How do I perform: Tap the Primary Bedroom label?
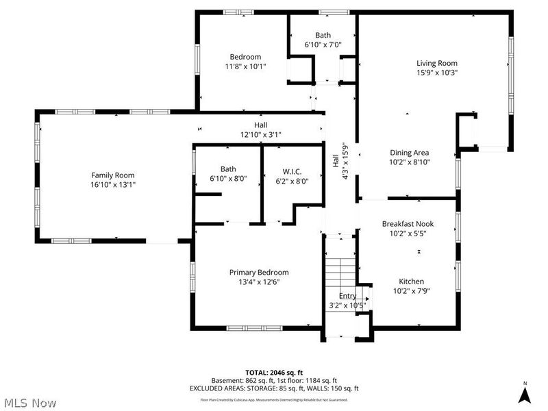(x=259, y=272)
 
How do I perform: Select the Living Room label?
(x=436, y=63)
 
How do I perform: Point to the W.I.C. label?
(x=292, y=170)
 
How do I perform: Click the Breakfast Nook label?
(x=408, y=224)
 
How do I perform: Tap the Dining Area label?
(x=410, y=153)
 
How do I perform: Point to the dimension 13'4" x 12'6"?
(x=259, y=282)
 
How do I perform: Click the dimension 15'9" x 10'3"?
(x=436, y=73)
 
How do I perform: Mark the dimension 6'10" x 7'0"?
(x=323, y=45)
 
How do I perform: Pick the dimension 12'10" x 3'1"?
(x=260, y=135)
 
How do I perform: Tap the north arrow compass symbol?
(x=525, y=395)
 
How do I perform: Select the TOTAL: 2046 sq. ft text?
(x=273, y=371)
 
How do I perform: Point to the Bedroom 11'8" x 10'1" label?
(x=245, y=62)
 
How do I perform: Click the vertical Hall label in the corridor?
(x=336, y=160)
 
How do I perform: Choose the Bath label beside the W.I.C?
(x=228, y=169)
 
